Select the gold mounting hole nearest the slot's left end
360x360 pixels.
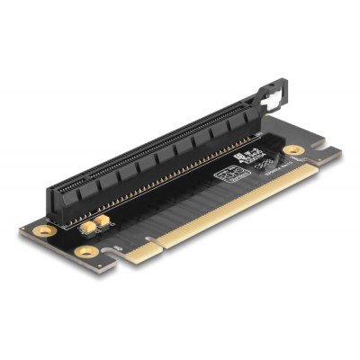(40, 230)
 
